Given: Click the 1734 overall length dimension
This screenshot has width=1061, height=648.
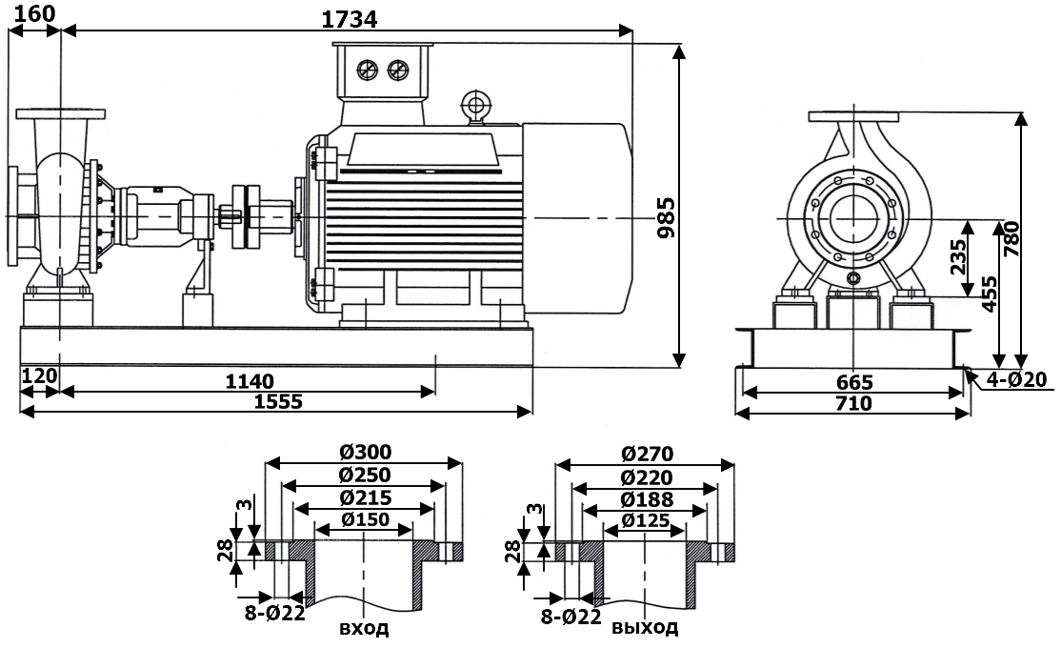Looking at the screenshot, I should coord(350,17).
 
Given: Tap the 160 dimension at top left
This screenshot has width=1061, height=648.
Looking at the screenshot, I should coord(35,13).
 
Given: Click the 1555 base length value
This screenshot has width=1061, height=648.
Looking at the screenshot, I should coord(277,401).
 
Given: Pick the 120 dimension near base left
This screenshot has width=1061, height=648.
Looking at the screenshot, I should coord(39,375).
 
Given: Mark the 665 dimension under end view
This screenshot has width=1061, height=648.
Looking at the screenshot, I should coord(853,382).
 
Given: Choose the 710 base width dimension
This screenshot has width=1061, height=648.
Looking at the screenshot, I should coord(853,403).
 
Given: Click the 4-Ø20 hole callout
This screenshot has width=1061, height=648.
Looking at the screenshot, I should coord(1015,379).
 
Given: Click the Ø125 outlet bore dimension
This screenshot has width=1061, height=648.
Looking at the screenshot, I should coord(645,520).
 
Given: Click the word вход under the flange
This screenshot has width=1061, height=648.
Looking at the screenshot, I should coord(364,629).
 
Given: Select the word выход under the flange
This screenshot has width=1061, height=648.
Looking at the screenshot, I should coord(645,629).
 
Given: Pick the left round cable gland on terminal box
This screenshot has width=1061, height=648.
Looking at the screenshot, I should coord(367,70).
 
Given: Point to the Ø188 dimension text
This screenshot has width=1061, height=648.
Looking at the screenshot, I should coord(645,499).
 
